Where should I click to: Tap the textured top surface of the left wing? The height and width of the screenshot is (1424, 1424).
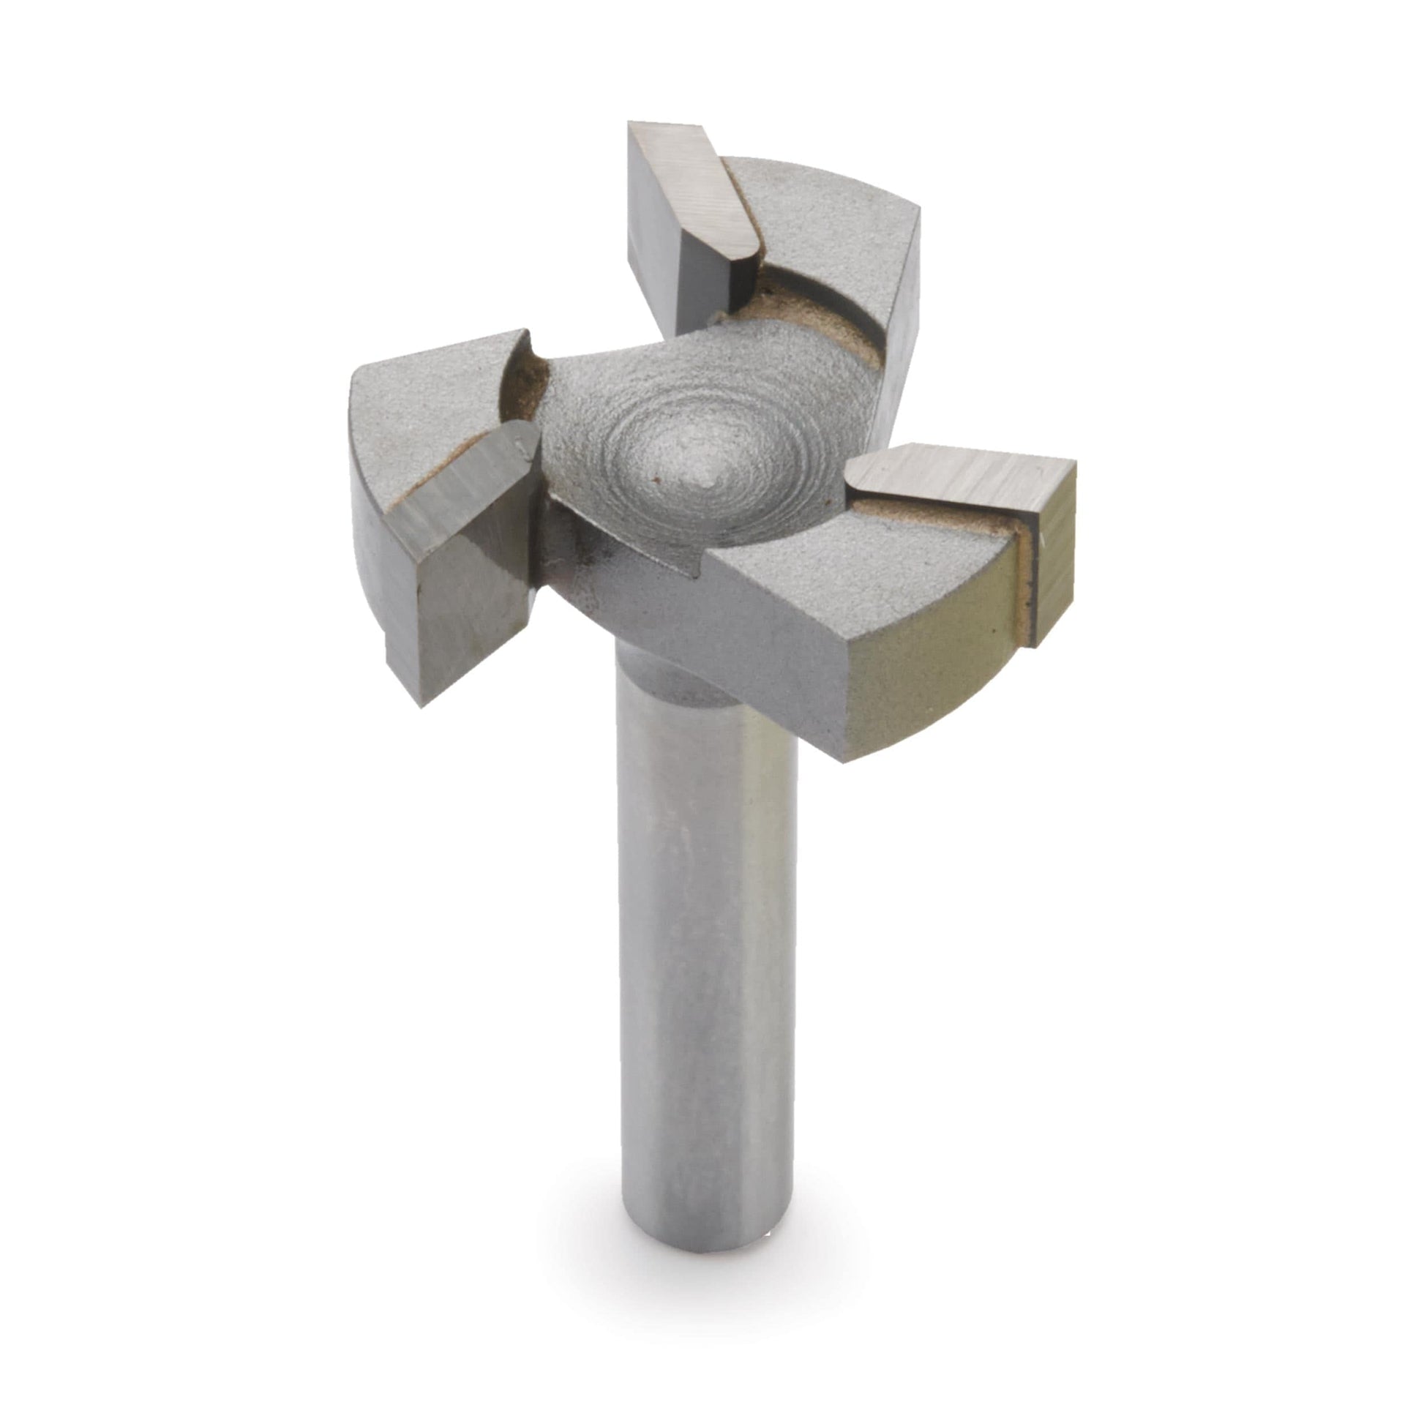point(420,413)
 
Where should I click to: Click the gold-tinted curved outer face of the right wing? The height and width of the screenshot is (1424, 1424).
point(929,664)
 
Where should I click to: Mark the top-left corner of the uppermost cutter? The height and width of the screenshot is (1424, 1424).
point(629,123)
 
